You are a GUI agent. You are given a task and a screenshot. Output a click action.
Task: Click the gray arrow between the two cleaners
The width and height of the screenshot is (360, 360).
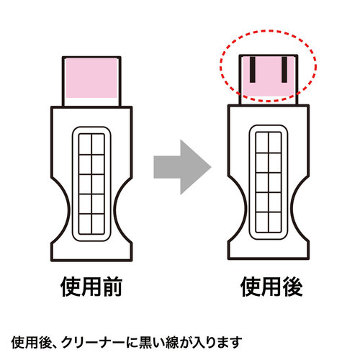[x=182, y=167]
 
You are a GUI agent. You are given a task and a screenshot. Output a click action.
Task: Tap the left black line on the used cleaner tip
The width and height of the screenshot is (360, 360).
[x=253, y=70]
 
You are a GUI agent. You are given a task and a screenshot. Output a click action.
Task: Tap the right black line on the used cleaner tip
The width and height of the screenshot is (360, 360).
[x=284, y=70]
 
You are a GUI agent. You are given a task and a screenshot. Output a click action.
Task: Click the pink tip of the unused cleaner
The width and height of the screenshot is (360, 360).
[x=91, y=78]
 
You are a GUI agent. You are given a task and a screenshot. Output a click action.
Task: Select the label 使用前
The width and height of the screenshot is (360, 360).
[x=91, y=287]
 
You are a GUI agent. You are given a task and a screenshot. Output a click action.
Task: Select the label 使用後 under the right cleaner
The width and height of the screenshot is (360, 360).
[x=271, y=287]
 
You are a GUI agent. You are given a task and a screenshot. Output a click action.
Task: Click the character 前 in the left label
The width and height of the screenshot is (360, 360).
[x=112, y=287]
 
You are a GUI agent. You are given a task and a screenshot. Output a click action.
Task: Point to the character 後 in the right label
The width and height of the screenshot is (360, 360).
[x=292, y=287]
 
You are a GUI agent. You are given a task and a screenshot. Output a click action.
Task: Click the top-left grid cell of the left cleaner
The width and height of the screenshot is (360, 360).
[x=85, y=145]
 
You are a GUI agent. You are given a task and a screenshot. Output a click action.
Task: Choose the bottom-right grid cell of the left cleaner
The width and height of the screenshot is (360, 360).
[x=98, y=223]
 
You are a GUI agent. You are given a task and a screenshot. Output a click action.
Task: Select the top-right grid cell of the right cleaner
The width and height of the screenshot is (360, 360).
[x=275, y=143]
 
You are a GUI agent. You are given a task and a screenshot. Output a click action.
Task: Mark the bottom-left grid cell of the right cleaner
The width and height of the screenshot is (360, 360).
[x=262, y=222]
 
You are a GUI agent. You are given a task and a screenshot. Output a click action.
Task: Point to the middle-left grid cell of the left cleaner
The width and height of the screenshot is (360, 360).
[x=85, y=184]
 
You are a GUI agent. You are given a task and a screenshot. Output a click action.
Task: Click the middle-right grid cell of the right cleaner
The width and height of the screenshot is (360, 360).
[x=275, y=182]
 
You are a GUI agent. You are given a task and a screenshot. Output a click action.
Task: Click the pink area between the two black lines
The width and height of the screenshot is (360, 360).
[x=269, y=70]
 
